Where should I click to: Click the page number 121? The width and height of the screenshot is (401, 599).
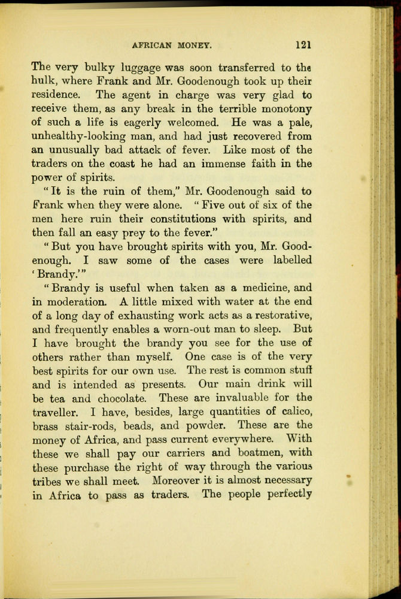pyautogui.click(x=303, y=44)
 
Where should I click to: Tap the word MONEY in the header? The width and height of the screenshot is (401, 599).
pyautogui.click(x=196, y=45)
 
